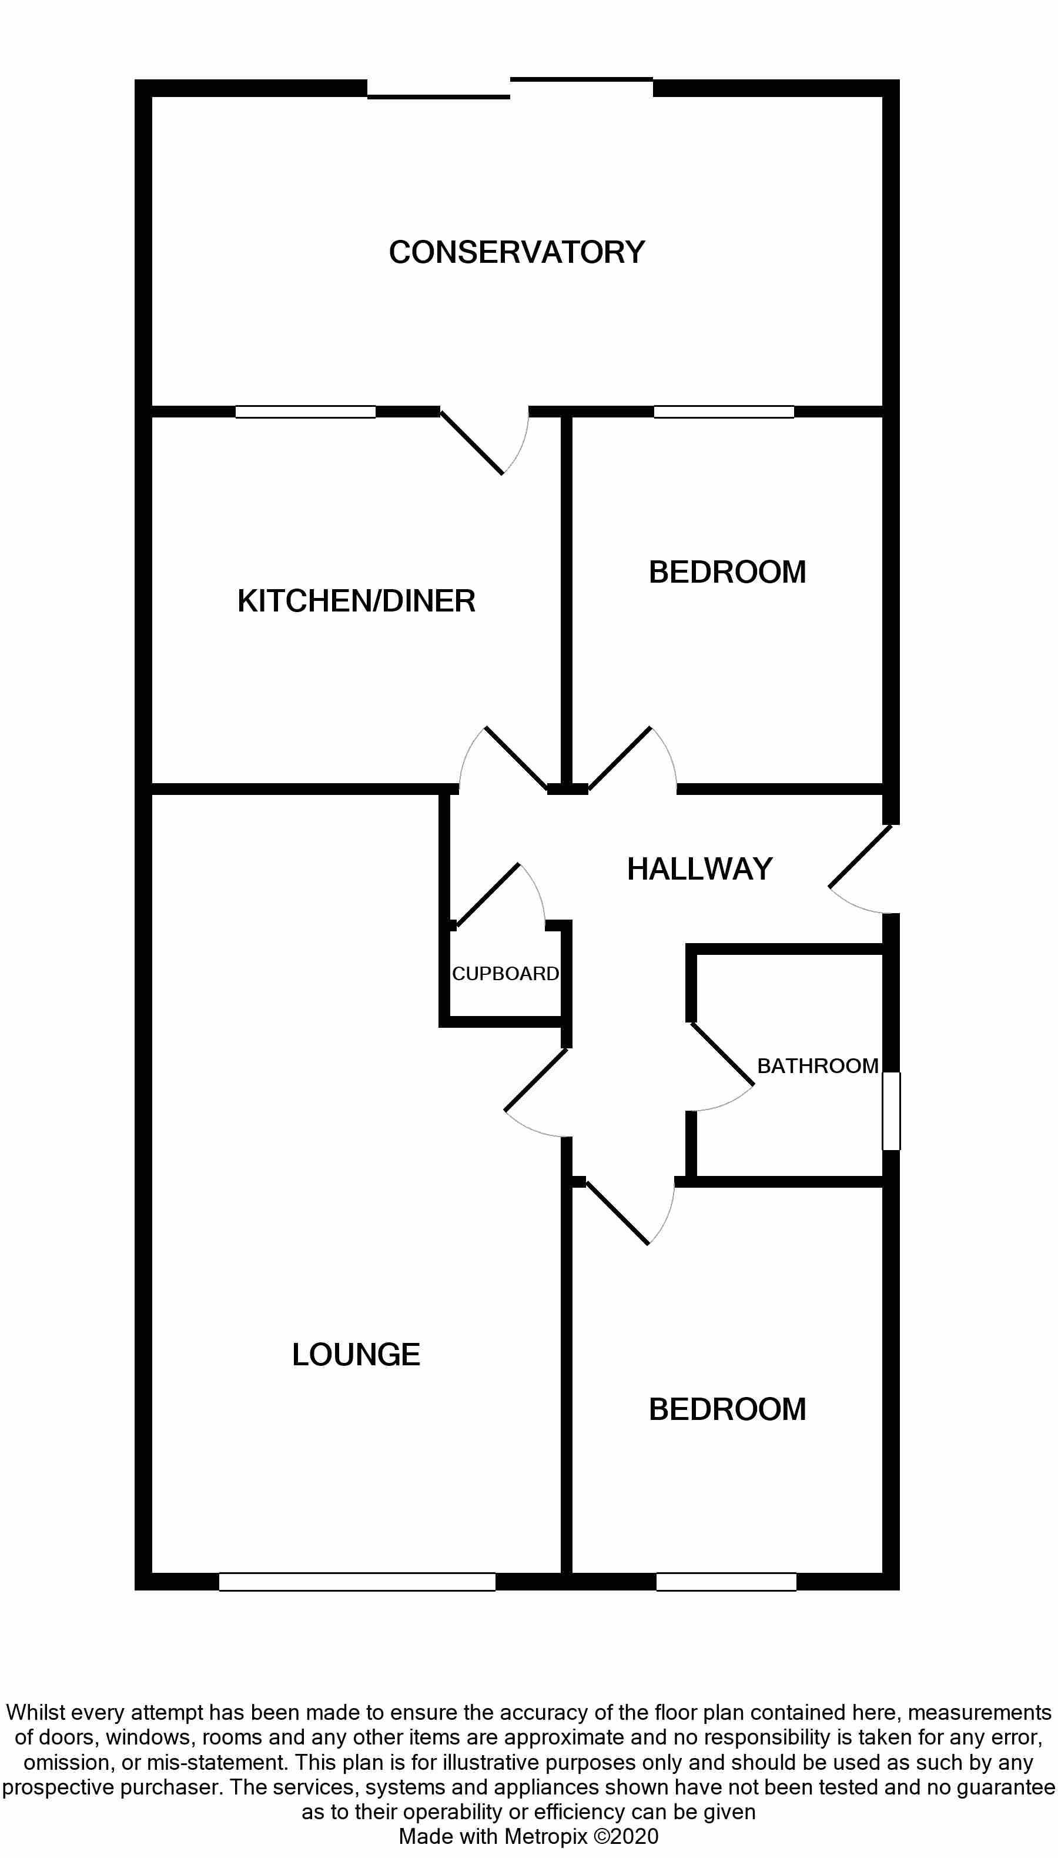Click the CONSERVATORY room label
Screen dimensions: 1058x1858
(x=517, y=252)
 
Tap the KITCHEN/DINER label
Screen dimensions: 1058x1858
(x=356, y=601)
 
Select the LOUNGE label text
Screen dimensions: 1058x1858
(x=356, y=1354)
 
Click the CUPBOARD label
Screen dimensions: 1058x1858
(x=505, y=973)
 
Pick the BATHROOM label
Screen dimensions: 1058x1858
(x=818, y=1065)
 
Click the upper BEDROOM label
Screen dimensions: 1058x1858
(x=726, y=572)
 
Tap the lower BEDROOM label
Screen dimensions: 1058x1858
(x=726, y=1409)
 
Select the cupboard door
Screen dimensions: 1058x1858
(x=494, y=898)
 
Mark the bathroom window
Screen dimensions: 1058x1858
(x=892, y=1111)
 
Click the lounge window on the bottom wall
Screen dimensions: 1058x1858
(x=357, y=1582)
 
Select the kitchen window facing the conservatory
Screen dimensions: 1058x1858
(x=305, y=412)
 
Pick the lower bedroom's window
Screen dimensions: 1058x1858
(x=726, y=1582)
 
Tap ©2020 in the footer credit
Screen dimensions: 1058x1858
(x=627, y=1837)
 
